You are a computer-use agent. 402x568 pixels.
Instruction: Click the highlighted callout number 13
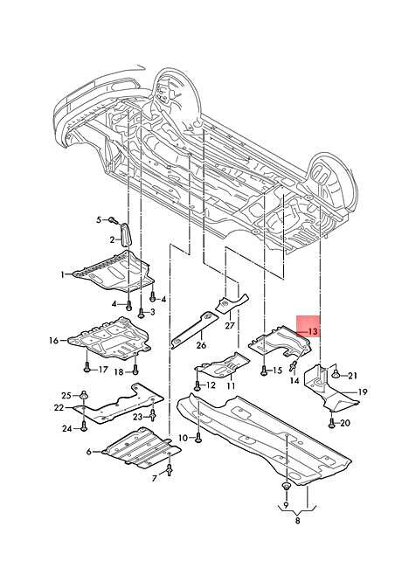point(313,332)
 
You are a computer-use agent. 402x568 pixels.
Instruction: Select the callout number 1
point(62,274)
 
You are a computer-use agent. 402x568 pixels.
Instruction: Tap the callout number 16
point(53,341)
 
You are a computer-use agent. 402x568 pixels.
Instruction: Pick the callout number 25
point(66,395)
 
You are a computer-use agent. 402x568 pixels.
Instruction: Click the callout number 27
point(230,325)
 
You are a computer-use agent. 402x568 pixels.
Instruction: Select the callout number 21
point(352,376)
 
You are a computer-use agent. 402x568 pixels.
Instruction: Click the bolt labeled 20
point(333,423)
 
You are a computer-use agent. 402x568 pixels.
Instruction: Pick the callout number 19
point(363,392)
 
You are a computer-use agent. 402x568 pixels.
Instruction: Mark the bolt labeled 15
point(263,371)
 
